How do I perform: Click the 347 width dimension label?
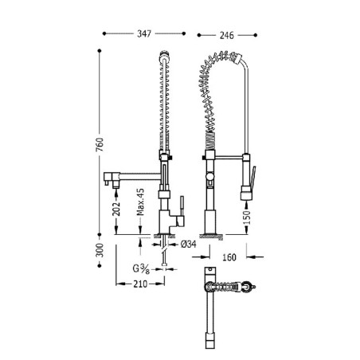(144, 33)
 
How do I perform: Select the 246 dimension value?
(227, 35)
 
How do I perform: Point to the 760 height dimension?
(100, 144)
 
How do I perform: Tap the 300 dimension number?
(100, 250)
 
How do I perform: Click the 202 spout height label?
(116, 209)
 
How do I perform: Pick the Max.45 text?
(140, 202)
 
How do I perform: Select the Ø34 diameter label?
(188, 244)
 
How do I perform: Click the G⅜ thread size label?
(141, 268)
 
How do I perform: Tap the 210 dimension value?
(140, 284)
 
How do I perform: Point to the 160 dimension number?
(229, 257)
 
